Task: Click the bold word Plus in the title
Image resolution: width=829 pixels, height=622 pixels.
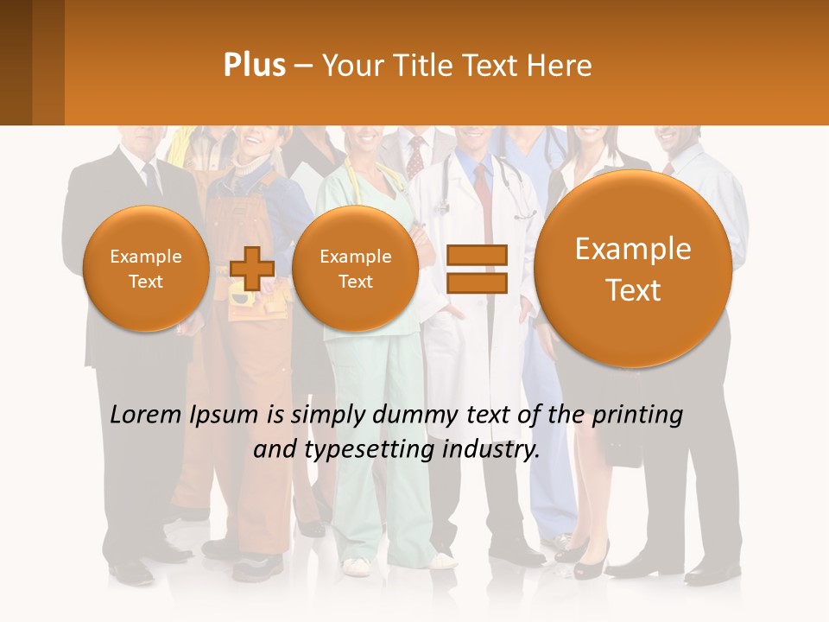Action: (x=254, y=66)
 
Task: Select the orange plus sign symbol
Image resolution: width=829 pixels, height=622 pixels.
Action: (x=251, y=268)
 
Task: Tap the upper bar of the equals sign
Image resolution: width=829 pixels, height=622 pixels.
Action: (x=477, y=254)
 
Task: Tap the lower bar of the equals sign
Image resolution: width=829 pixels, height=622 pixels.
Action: (x=477, y=282)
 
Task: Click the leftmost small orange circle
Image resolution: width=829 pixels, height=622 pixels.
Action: (x=145, y=269)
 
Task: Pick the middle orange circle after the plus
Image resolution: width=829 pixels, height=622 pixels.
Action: (x=355, y=269)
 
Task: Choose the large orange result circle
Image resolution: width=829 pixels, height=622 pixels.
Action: (x=633, y=269)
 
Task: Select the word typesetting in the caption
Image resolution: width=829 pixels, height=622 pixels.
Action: (x=372, y=450)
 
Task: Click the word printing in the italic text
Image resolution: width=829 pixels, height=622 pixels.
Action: (x=637, y=416)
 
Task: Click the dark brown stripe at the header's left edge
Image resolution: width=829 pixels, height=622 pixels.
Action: (x=16, y=62)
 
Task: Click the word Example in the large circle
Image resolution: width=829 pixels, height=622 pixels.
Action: (x=633, y=249)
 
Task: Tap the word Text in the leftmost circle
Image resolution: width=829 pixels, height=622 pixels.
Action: (x=145, y=282)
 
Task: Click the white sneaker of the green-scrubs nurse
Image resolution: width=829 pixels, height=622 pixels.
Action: (x=356, y=567)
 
